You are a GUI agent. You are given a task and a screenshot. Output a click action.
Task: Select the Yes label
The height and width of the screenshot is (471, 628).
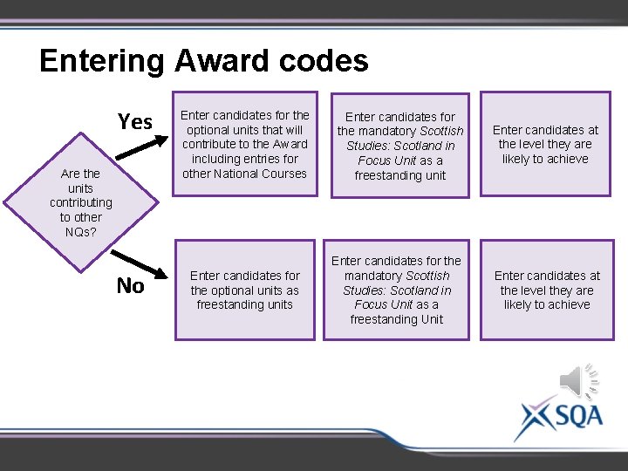tap(135, 122)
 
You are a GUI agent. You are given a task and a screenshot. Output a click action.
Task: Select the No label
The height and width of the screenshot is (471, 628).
tap(131, 286)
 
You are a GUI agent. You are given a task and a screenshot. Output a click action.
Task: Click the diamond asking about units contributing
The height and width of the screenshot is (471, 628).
tap(81, 203)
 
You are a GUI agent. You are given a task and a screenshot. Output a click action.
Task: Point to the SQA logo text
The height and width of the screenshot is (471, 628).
tap(576, 415)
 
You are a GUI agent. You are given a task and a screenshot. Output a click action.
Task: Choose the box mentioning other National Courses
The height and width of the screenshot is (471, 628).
tap(244, 144)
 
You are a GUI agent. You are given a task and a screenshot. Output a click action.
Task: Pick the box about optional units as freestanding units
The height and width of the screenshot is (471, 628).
tap(244, 290)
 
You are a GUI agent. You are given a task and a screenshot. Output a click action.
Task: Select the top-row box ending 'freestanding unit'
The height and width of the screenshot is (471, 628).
tap(401, 146)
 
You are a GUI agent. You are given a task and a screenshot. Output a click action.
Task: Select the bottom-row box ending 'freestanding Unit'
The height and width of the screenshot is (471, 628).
tap(397, 290)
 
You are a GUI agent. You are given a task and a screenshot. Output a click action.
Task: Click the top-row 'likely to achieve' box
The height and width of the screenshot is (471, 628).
tap(545, 144)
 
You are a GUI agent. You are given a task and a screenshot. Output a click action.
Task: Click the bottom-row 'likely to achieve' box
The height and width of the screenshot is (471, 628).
tap(547, 290)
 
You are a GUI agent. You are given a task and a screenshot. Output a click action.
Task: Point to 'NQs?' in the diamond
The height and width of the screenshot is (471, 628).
tap(81, 232)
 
